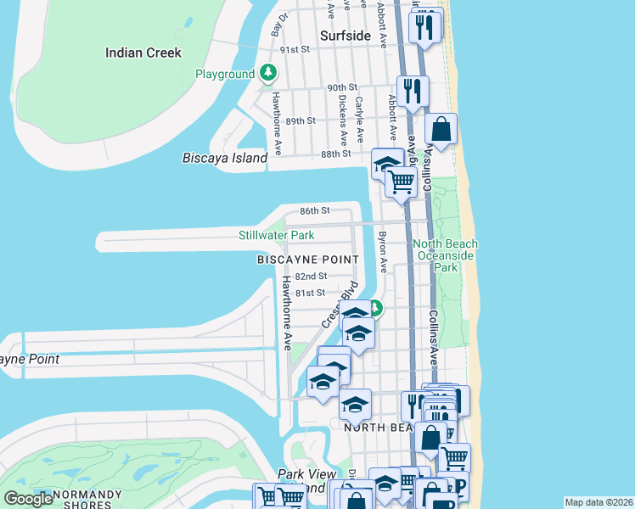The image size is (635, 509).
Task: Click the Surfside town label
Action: (346, 36)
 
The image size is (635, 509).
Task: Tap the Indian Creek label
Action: (143, 53)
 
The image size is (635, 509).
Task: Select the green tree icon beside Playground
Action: (268, 74)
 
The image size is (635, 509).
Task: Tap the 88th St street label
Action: (336, 154)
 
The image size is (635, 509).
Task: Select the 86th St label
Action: (313, 210)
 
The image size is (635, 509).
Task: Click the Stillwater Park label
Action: (276, 235)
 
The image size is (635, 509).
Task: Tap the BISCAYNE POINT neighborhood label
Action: (307, 260)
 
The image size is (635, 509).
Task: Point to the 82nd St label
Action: (311, 277)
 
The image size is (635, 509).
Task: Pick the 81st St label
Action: (309, 293)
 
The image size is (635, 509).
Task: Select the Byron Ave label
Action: (382, 252)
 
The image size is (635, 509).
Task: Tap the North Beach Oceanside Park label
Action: (445, 255)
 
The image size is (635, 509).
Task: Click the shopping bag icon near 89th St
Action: (441, 130)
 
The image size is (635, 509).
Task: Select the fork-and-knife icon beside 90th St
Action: (413, 90)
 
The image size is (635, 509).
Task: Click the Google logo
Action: (28, 499)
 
